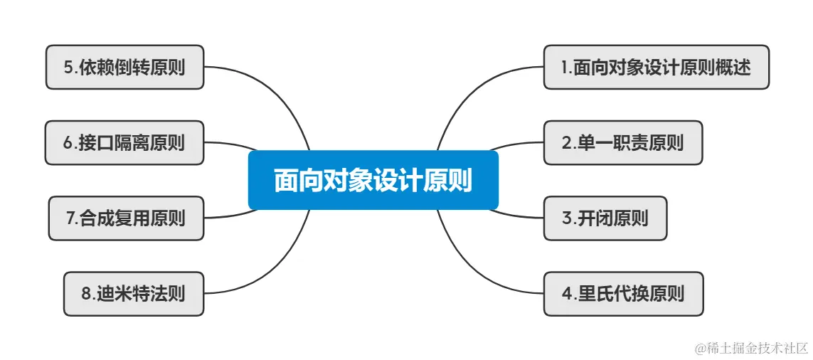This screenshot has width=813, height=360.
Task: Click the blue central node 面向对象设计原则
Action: point(373,180)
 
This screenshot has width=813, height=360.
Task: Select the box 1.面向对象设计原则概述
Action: point(656,68)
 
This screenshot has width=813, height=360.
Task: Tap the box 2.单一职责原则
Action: point(623,142)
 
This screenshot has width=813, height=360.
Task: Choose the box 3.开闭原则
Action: point(605,218)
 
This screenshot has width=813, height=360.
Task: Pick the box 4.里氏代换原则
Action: point(623,293)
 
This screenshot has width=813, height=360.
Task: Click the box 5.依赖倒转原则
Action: point(124,68)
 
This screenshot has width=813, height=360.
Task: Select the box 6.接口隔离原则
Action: point(124,142)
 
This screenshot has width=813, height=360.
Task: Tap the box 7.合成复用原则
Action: point(126,218)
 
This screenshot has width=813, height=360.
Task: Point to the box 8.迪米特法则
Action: point(134,293)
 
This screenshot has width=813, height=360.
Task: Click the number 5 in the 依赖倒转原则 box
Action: point(68,68)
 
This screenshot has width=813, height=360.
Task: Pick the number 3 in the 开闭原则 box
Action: point(567,218)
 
